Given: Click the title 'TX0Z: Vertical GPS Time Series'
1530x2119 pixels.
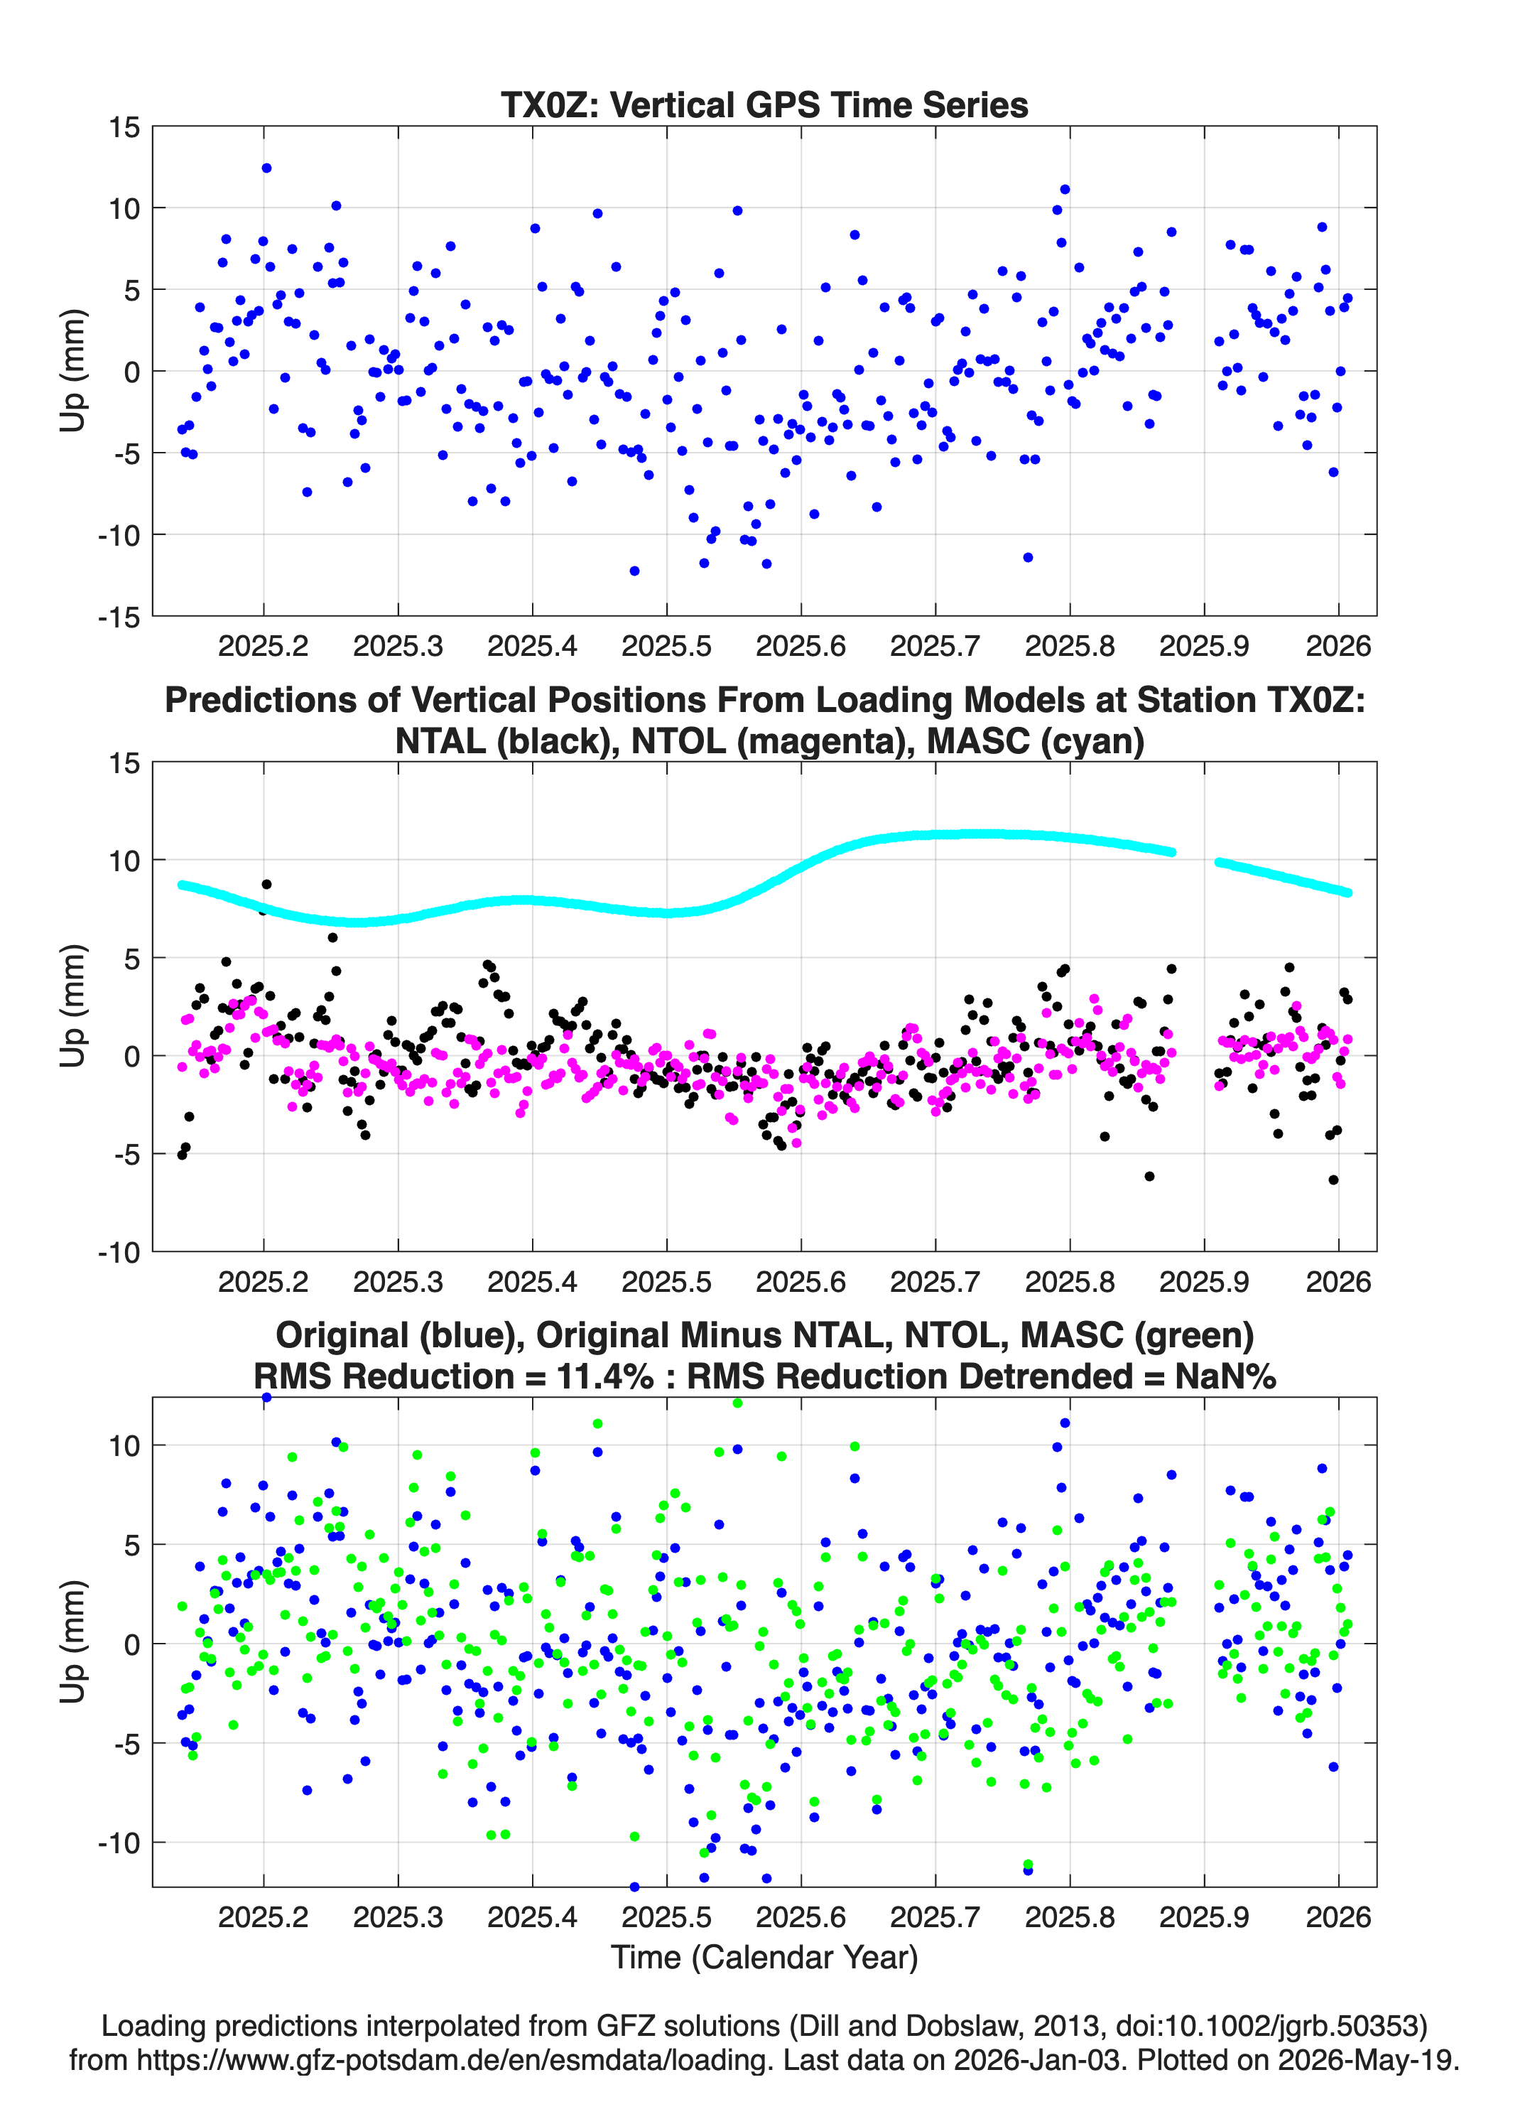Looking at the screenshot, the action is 764,104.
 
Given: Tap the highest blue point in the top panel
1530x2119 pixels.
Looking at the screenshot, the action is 266,168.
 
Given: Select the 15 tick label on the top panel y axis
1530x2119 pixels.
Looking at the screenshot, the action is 124,127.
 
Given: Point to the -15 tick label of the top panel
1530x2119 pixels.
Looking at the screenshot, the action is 119,617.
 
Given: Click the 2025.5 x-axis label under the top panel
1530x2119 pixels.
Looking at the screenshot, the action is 666,646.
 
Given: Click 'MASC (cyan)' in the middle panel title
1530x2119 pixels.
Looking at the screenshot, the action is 1035,741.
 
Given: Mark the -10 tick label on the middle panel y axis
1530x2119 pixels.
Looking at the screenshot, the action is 119,1252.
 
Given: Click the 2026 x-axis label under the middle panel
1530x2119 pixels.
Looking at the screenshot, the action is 1338,1281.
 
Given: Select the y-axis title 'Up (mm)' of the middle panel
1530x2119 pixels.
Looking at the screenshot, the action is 73,1006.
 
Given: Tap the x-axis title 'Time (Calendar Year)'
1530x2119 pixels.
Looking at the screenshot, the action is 764,1956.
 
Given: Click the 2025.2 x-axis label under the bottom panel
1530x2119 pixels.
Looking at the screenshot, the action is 264,1916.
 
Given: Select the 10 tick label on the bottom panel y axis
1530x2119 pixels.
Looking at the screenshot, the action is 124,1445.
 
